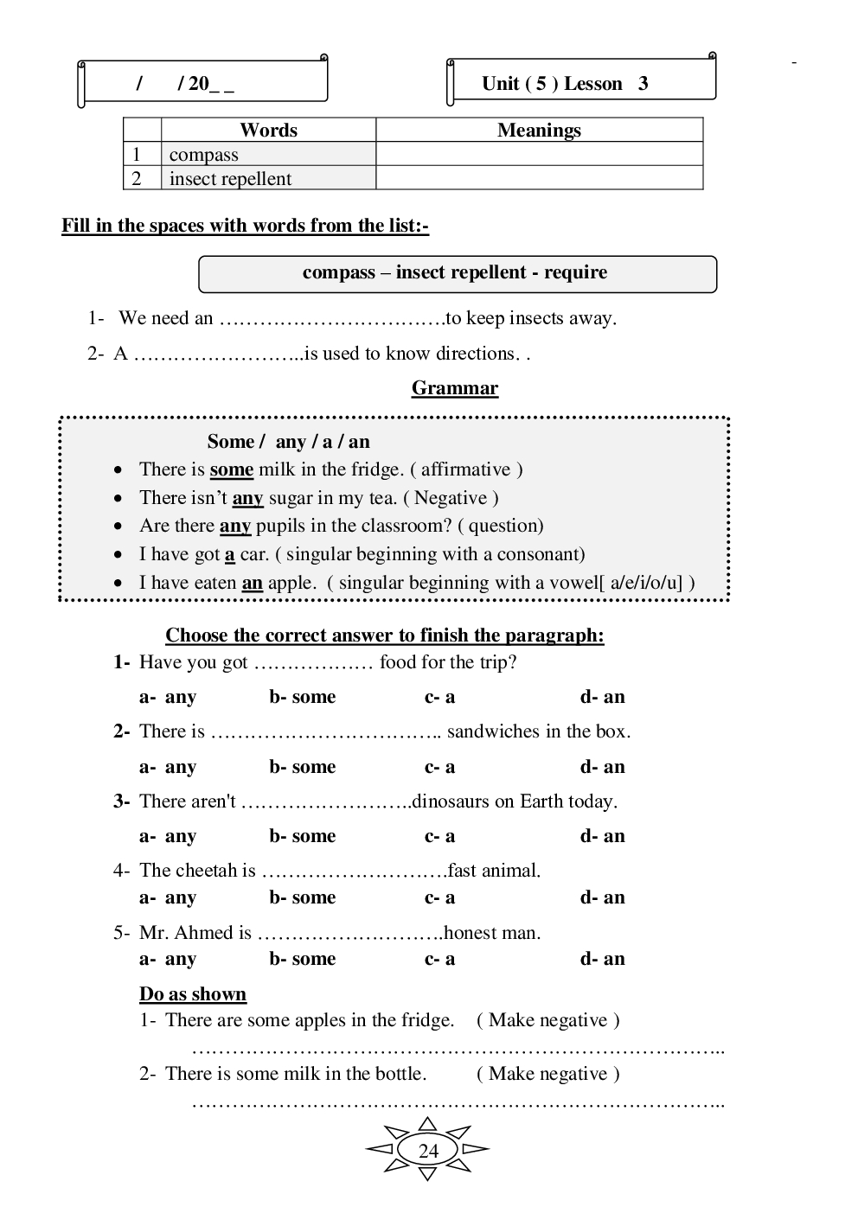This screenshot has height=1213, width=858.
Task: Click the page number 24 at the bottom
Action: (428, 1151)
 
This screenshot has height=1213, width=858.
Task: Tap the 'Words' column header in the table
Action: (268, 131)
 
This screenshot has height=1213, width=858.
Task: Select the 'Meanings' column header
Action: (539, 131)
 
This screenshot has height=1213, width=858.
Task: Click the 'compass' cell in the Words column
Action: (204, 155)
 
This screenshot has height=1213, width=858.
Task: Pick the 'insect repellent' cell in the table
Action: (230, 179)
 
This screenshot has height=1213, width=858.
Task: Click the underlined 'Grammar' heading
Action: (455, 388)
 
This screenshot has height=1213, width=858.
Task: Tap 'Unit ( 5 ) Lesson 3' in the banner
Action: (565, 84)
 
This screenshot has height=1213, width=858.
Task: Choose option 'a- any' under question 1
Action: (168, 697)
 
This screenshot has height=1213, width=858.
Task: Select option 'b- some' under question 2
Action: (302, 767)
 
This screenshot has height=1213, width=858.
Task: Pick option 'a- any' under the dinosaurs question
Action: (168, 836)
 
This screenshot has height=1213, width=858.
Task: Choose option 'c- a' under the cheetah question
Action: (439, 897)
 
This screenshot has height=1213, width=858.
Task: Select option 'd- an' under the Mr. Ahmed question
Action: (602, 959)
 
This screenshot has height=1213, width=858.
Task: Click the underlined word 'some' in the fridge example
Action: (232, 469)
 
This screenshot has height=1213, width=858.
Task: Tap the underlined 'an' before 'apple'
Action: (252, 583)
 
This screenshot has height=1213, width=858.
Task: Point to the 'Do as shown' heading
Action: (193, 994)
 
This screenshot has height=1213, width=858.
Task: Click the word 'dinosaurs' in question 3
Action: (451, 801)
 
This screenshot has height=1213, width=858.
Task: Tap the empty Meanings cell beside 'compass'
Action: (539, 155)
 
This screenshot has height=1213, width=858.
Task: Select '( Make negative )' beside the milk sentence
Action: (547, 1074)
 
